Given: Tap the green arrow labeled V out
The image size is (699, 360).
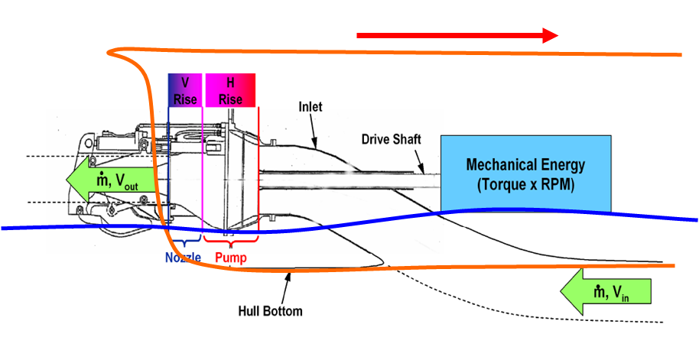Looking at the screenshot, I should pyautogui.click(x=110, y=180).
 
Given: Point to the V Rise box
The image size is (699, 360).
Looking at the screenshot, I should pyautogui.click(x=184, y=90).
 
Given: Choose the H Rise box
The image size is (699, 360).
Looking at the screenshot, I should pyautogui.click(x=229, y=90).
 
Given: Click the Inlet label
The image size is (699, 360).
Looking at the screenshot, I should pyautogui.click(x=310, y=108).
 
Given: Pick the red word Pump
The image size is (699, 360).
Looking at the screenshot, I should pyautogui.click(x=231, y=258).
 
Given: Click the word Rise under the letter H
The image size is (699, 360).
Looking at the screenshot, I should pyautogui.click(x=230, y=99).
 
